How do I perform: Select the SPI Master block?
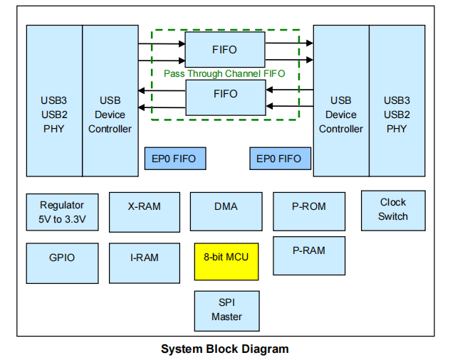pos(226,311)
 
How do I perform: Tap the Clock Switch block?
pos(393,210)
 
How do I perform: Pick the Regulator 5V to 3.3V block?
pos(62,212)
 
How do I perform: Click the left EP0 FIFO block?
pos(174,159)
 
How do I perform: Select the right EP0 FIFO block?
pos(279,159)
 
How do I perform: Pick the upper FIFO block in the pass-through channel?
pos(224,50)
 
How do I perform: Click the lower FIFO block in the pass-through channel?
pos(224,97)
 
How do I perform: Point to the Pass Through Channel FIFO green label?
pos(224,73)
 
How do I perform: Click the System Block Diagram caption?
pos(225,349)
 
